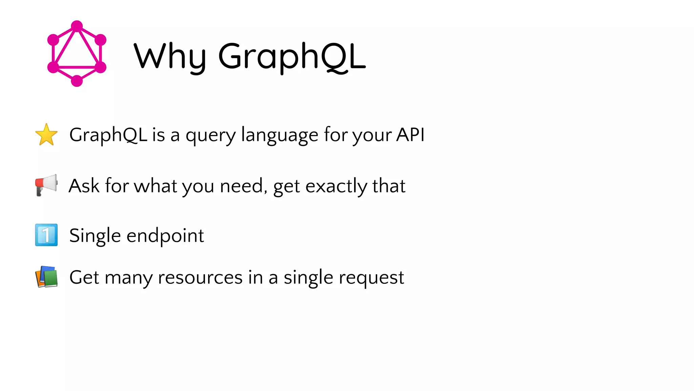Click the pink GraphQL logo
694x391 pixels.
click(77, 53)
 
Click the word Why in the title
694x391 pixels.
click(169, 56)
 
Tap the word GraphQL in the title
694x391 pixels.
click(292, 56)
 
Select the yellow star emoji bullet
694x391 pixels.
click(46, 135)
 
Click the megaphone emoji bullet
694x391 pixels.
click(46, 185)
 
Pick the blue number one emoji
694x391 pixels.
click(46, 235)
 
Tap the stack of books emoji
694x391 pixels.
click(46, 277)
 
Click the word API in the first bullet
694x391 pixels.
click(410, 135)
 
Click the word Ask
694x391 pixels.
click(84, 186)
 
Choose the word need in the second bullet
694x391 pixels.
click(241, 186)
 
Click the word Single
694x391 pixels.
click(95, 236)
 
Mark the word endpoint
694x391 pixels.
click(165, 236)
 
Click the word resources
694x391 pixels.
click(200, 278)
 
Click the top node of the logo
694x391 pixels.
click(77, 26)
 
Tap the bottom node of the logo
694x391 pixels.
click(77, 81)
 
